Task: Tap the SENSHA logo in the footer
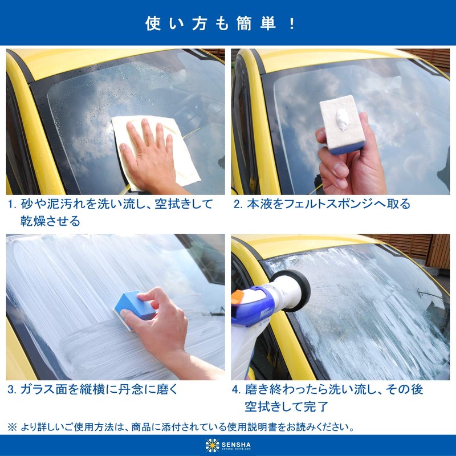(228, 445)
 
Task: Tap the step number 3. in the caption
(12, 390)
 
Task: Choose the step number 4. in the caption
(238, 390)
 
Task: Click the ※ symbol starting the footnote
(12, 426)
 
